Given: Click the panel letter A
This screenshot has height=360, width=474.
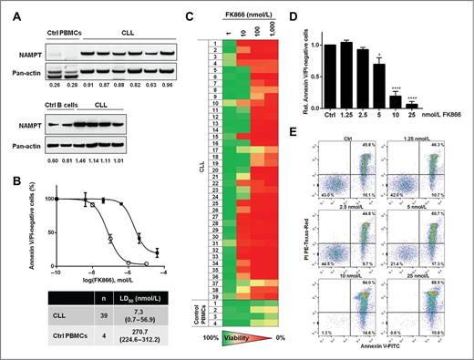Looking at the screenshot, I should [6, 7].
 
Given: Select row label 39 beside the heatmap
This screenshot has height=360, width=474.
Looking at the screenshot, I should [205, 297].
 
